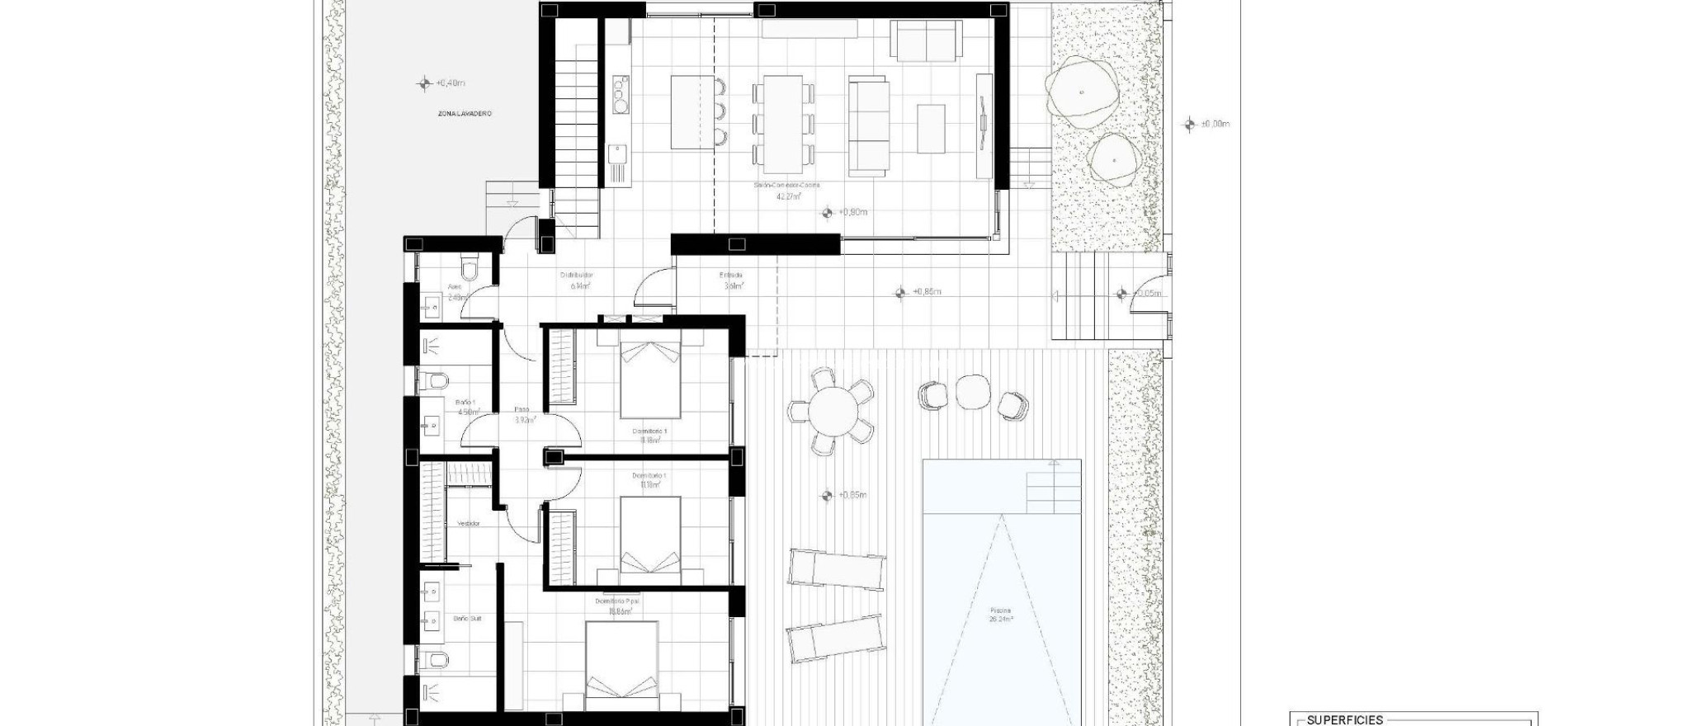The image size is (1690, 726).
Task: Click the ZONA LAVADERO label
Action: [465, 113]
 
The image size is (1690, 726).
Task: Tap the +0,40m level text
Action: [451, 83]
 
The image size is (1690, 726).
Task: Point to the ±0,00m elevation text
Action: [1216, 125]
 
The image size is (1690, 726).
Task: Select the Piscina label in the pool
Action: [1000, 611]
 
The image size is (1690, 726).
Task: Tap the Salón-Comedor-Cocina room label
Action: [786, 186]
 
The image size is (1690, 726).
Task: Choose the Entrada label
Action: [731, 276]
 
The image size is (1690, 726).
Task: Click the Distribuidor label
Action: [577, 276]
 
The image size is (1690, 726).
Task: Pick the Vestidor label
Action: [468, 524]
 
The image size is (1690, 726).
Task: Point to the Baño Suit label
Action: [467, 618]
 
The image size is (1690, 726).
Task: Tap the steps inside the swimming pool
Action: [1053, 492]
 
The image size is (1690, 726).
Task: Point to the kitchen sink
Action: [616, 153]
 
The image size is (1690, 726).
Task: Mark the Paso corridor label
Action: [522, 409]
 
